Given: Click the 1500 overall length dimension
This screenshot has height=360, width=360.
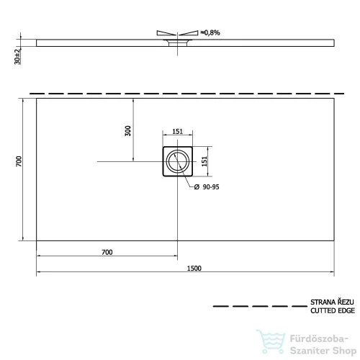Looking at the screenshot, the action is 194,268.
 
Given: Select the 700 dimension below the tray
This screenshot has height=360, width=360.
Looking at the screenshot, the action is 107,252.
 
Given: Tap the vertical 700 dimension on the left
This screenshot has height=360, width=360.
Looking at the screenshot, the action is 19,161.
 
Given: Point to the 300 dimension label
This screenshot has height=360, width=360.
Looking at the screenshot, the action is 128,131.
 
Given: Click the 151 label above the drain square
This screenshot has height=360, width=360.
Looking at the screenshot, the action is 178,132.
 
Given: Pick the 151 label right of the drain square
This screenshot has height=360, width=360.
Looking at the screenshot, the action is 204,161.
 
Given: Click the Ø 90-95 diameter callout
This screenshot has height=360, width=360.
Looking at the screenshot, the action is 207,187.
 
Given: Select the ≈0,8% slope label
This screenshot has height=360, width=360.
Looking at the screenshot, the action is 210,32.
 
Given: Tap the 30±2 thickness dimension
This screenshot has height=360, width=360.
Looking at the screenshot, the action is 17,57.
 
